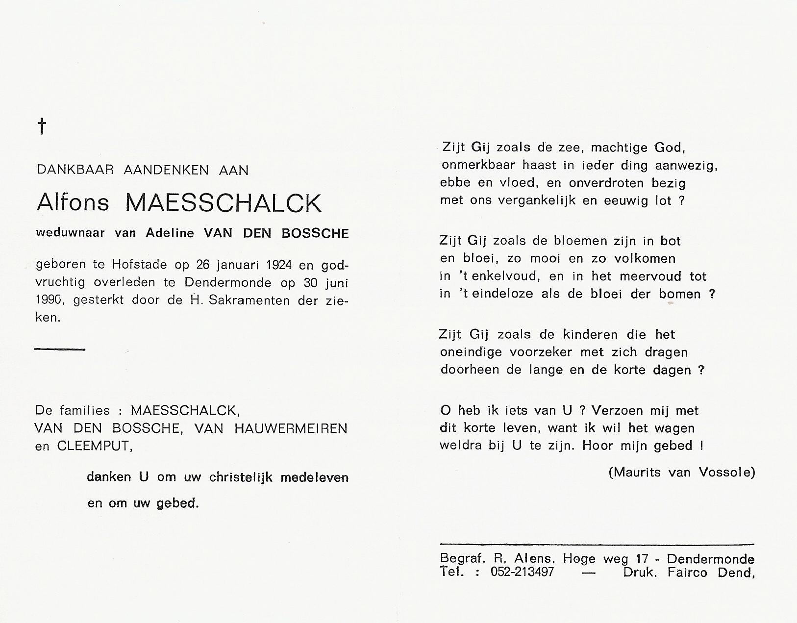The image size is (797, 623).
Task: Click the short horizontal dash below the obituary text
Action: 60,349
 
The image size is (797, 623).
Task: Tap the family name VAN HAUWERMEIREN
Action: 271,428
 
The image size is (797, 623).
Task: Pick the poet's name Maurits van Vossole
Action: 681,472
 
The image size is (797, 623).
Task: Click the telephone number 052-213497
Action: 522,572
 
